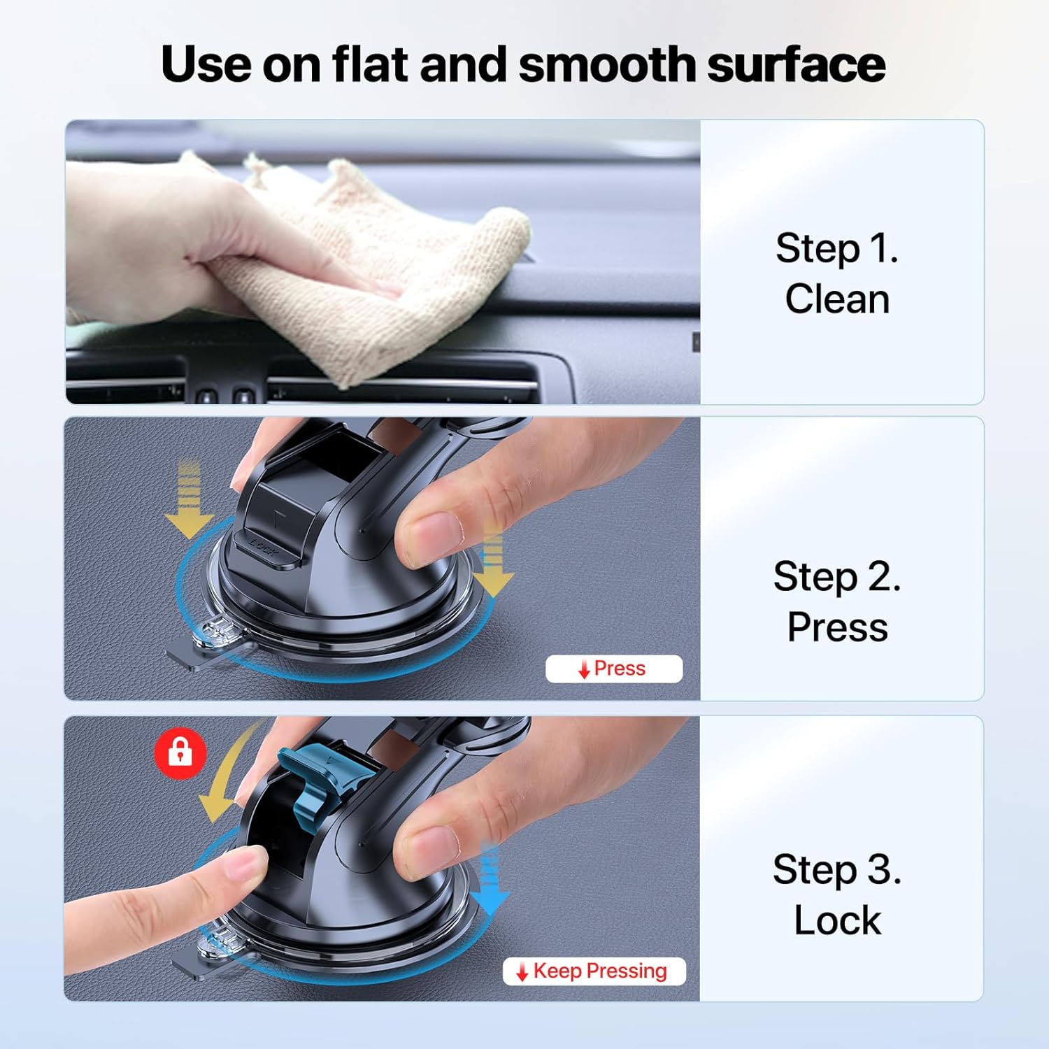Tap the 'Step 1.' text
[x=836, y=248]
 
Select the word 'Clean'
[x=836, y=299]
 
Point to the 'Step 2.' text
[x=836, y=577]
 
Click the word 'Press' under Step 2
[x=836, y=627]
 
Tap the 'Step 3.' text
[x=836, y=870]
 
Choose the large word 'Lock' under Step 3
[x=836, y=920]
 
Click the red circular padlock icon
[x=180, y=753]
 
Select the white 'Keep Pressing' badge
[x=594, y=971]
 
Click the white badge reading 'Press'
[x=613, y=669]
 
